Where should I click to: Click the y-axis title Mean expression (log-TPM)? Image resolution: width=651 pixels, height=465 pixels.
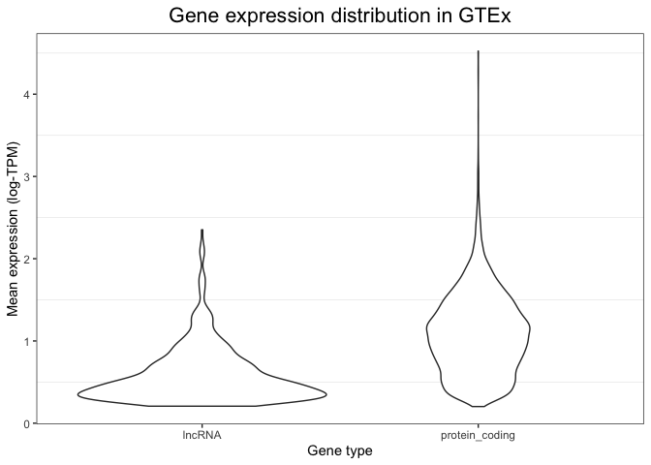coord(14,229)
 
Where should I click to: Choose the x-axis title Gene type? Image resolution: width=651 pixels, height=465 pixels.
coord(339,450)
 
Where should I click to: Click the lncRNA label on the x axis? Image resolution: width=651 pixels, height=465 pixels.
coord(201,435)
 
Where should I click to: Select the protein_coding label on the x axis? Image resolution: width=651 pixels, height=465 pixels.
coord(478,435)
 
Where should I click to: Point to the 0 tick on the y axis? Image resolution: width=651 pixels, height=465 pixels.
coord(26,423)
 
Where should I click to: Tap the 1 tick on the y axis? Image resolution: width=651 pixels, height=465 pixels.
coord(26,341)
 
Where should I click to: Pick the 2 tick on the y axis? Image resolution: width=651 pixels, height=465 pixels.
coord(26,259)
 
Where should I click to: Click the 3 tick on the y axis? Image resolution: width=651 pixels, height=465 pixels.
coord(26,176)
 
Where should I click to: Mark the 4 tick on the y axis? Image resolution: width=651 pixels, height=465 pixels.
coord(26,94)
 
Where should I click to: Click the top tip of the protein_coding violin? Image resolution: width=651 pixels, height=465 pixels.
coord(478,50)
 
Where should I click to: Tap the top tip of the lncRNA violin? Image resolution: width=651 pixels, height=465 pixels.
coord(201,230)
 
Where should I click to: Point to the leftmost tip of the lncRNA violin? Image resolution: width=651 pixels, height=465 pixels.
coord(77,393)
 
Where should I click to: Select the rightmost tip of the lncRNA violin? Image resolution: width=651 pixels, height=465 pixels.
coord(326,393)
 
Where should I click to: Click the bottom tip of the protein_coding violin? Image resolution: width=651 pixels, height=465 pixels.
coord(478,406)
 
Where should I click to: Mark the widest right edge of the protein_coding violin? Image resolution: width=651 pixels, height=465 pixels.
coord(530,329)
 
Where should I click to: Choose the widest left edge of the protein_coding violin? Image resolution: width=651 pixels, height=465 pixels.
coord(425,329)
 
